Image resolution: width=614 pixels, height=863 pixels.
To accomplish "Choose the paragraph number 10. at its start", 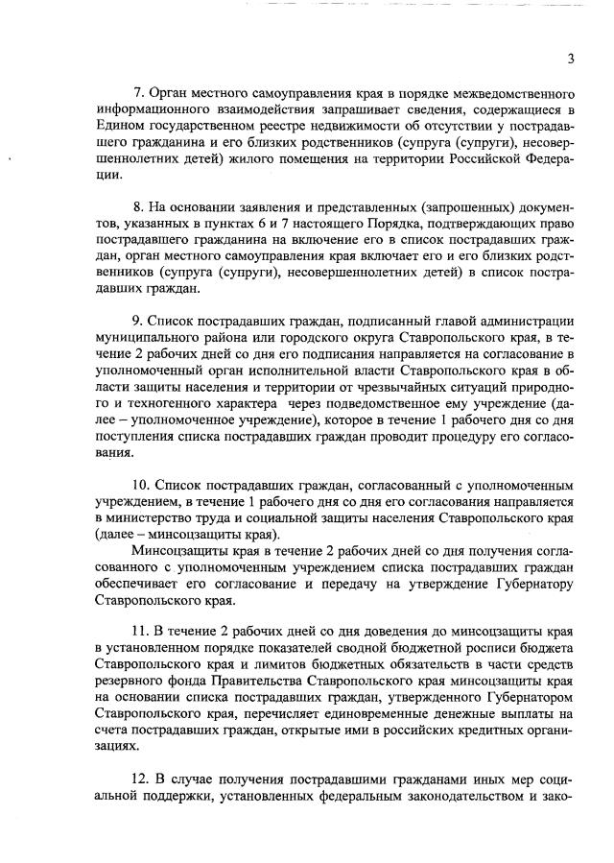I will (141, 488).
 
